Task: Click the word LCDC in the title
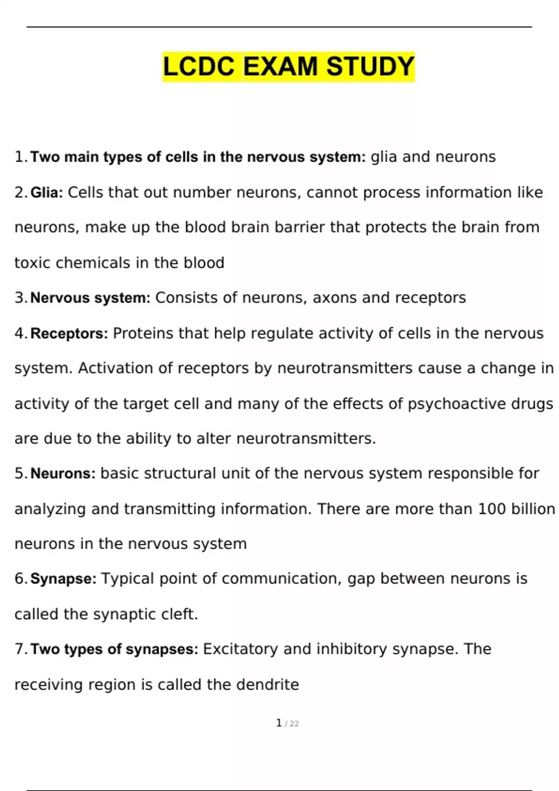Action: tap(199, 67)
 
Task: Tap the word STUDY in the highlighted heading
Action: tap(370, 67)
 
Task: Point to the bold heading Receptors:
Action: tap(69, 334)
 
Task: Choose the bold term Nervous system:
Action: tap(90, 298)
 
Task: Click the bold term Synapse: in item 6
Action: tap(63, 579)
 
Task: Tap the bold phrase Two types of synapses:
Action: tap(115, 649)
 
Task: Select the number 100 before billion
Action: tap(492, 509)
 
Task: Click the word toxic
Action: tap(32, 263)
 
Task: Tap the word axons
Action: tap(334, 298)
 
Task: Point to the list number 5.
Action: tap(20, 474)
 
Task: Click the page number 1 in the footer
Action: tap(279, 723)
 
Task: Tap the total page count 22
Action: tap(294, 724)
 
